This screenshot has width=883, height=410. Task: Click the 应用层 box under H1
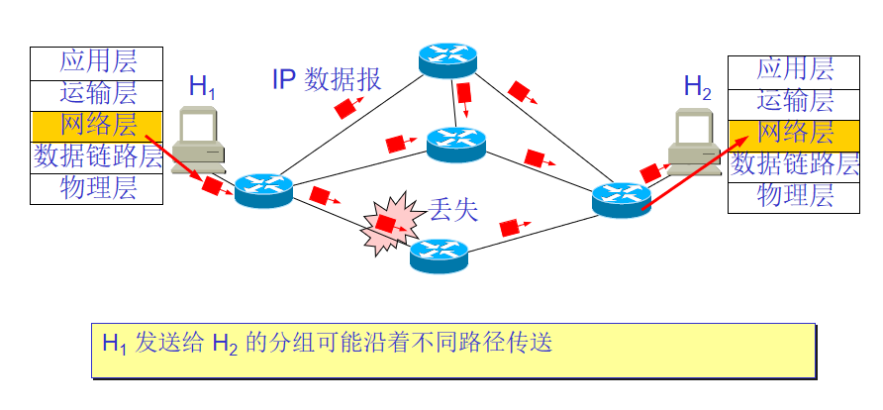point(97,62)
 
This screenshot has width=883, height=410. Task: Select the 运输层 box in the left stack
point(97,94)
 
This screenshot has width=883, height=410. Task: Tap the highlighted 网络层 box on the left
point(97,125)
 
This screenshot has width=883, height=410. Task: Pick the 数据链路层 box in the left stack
point(97,156)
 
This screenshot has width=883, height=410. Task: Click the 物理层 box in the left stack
point(97,188)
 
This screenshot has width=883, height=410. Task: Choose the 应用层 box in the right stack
point(795,69)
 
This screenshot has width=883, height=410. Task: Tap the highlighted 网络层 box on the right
point(795,133)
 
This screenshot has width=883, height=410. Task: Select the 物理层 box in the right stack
point(795,196)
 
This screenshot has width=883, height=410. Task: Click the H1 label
point(202,86)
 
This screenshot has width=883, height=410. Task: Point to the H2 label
point(697,86)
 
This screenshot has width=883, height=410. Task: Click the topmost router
point(447,60)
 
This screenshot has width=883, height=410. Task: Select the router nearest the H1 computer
point(264,188)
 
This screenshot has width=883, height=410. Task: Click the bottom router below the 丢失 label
point(439,255)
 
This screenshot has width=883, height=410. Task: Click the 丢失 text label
point(453,210)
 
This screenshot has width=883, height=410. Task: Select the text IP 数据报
point(326,80)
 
